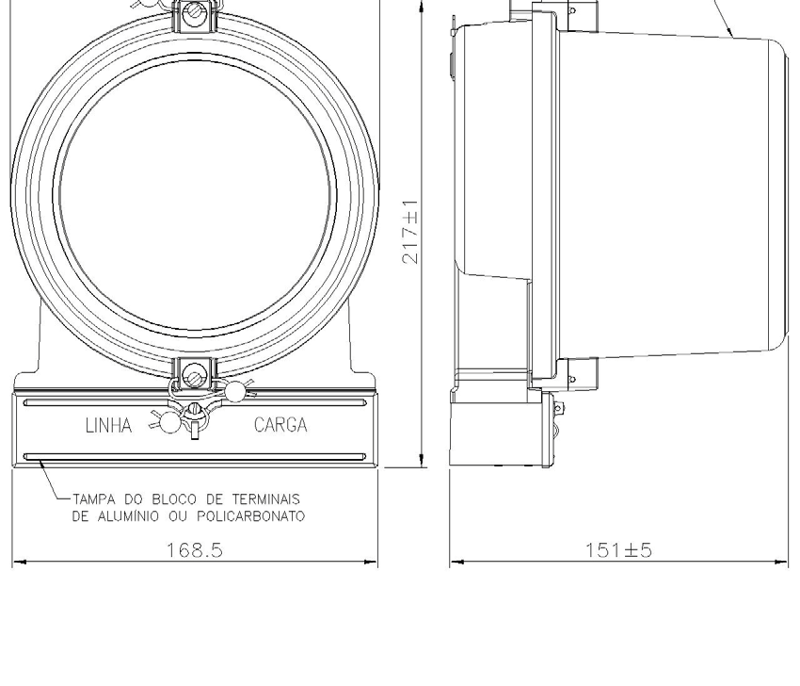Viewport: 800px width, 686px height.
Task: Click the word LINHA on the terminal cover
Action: point(108,425)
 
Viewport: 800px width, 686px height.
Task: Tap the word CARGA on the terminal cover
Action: point(280,425)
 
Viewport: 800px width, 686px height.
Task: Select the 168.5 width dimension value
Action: point(195,550)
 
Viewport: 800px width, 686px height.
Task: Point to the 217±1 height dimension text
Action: point(410,232)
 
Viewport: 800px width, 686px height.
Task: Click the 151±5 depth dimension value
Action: point(618,550)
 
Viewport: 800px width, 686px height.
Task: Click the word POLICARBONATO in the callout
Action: point(250,516)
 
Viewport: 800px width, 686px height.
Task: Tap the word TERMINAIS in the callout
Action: point(265,499)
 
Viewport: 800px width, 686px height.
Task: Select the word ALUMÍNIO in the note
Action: point(128,516)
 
